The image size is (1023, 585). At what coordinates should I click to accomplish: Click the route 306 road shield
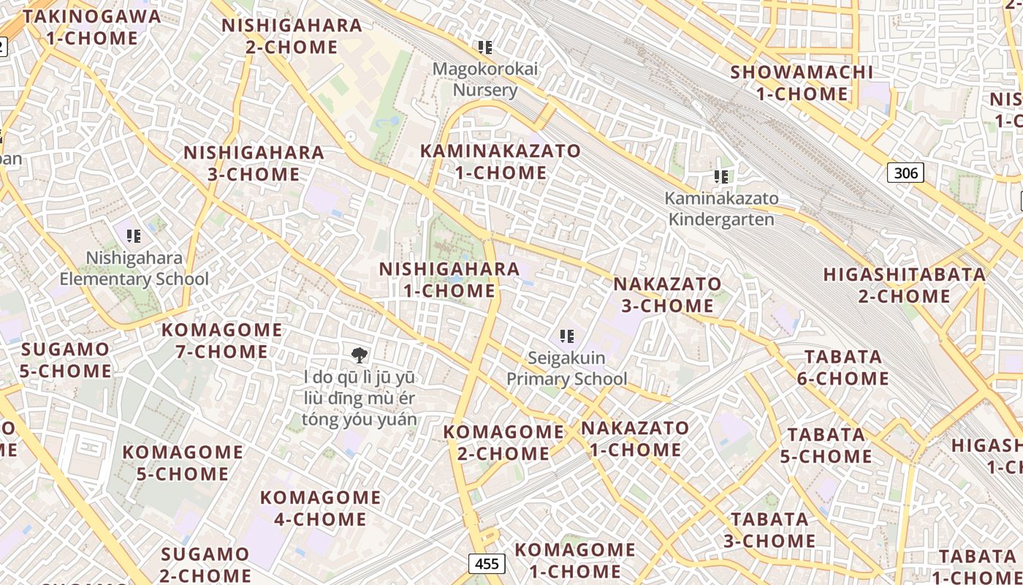pos(905,173)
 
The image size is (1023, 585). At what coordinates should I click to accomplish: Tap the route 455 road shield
pos(487,563)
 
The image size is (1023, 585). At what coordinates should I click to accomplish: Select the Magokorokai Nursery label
pos(485,80)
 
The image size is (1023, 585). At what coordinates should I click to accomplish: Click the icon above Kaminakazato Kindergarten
pos(721,177)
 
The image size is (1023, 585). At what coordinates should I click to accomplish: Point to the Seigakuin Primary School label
pos(566,369)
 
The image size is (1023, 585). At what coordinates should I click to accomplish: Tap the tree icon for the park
pos(359,355)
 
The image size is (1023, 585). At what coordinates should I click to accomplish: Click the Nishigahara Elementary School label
pos(134,268)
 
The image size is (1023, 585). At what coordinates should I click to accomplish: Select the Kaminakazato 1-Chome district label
pos(501,162)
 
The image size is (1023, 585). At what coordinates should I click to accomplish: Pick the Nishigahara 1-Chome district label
pos(449,279)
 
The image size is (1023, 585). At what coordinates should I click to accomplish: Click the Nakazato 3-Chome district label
pos(667,294)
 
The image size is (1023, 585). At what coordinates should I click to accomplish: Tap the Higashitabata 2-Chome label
pos(905,285)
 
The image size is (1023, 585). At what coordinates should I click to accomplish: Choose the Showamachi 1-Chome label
pos(802,83)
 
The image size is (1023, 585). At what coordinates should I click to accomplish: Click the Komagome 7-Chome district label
pos(221,341)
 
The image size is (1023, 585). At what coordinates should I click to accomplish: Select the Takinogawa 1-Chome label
pos(92,27)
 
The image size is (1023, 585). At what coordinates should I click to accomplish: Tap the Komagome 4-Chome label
pos(320,508)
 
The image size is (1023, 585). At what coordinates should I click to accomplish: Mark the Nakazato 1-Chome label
pos(635,439)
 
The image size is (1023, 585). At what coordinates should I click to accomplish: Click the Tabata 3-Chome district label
pos(769,529)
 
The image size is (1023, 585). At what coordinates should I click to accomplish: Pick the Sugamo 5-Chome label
pos(66,360)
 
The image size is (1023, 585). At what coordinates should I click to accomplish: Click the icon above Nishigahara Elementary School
pos(134,236)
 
